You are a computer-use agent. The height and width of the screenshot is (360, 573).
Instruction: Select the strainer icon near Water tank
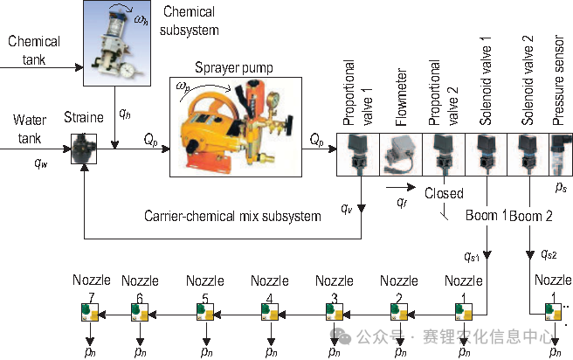pos(83,146)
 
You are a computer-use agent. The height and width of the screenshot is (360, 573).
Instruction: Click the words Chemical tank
pos(34,49)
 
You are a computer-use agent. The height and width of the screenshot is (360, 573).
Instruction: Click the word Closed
pos(444,193)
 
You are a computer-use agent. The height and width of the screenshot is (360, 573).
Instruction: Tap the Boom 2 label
pos(532,215)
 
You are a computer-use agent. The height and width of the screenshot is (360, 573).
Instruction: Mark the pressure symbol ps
pos(561,187)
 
